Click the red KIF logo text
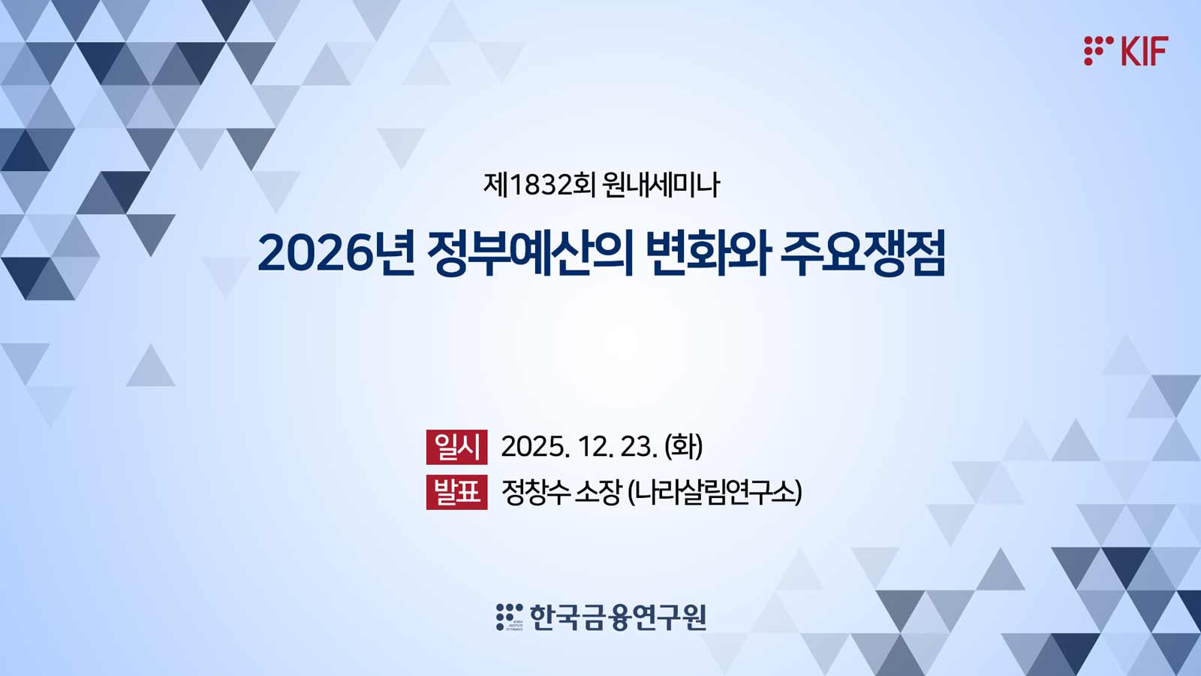(1144, 51)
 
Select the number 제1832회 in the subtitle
(540, 185)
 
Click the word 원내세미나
(661, 185)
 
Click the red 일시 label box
(457, 447)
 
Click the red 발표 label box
(457, 492)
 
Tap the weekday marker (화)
(684, 446)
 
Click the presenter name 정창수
(535, 492)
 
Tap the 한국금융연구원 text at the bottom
(618, 617)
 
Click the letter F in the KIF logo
(1160, 51)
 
